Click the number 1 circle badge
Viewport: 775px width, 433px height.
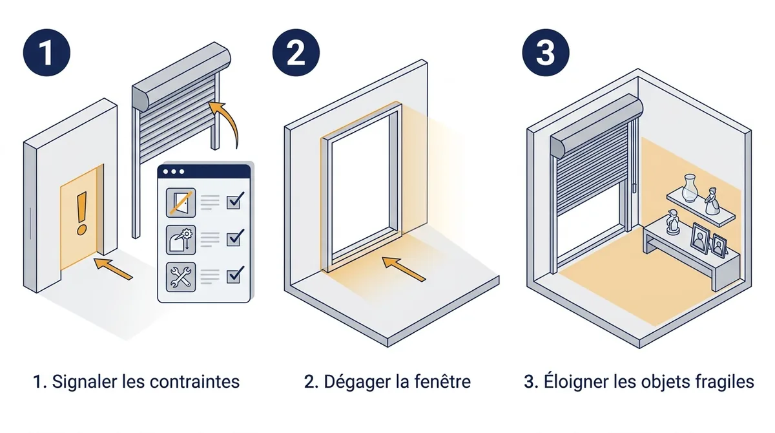point(46,52)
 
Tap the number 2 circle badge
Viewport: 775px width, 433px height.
point(296,52)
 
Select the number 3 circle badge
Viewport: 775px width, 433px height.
point(546,52)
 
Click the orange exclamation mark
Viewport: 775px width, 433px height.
point(81,214)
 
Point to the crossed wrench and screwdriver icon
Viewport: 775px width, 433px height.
point(181,277)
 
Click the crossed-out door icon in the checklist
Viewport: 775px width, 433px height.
point(181,202)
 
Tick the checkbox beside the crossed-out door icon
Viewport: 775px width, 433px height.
point(235,200)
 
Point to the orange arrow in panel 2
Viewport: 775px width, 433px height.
point(404,269)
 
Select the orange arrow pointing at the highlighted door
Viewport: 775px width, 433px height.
point(113,269)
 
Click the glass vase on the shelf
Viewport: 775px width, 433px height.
point(690,188)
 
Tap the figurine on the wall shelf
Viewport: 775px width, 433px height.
point(712,201)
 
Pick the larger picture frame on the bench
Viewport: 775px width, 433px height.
point(700,239)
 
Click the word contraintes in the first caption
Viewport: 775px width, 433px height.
point(195,382)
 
